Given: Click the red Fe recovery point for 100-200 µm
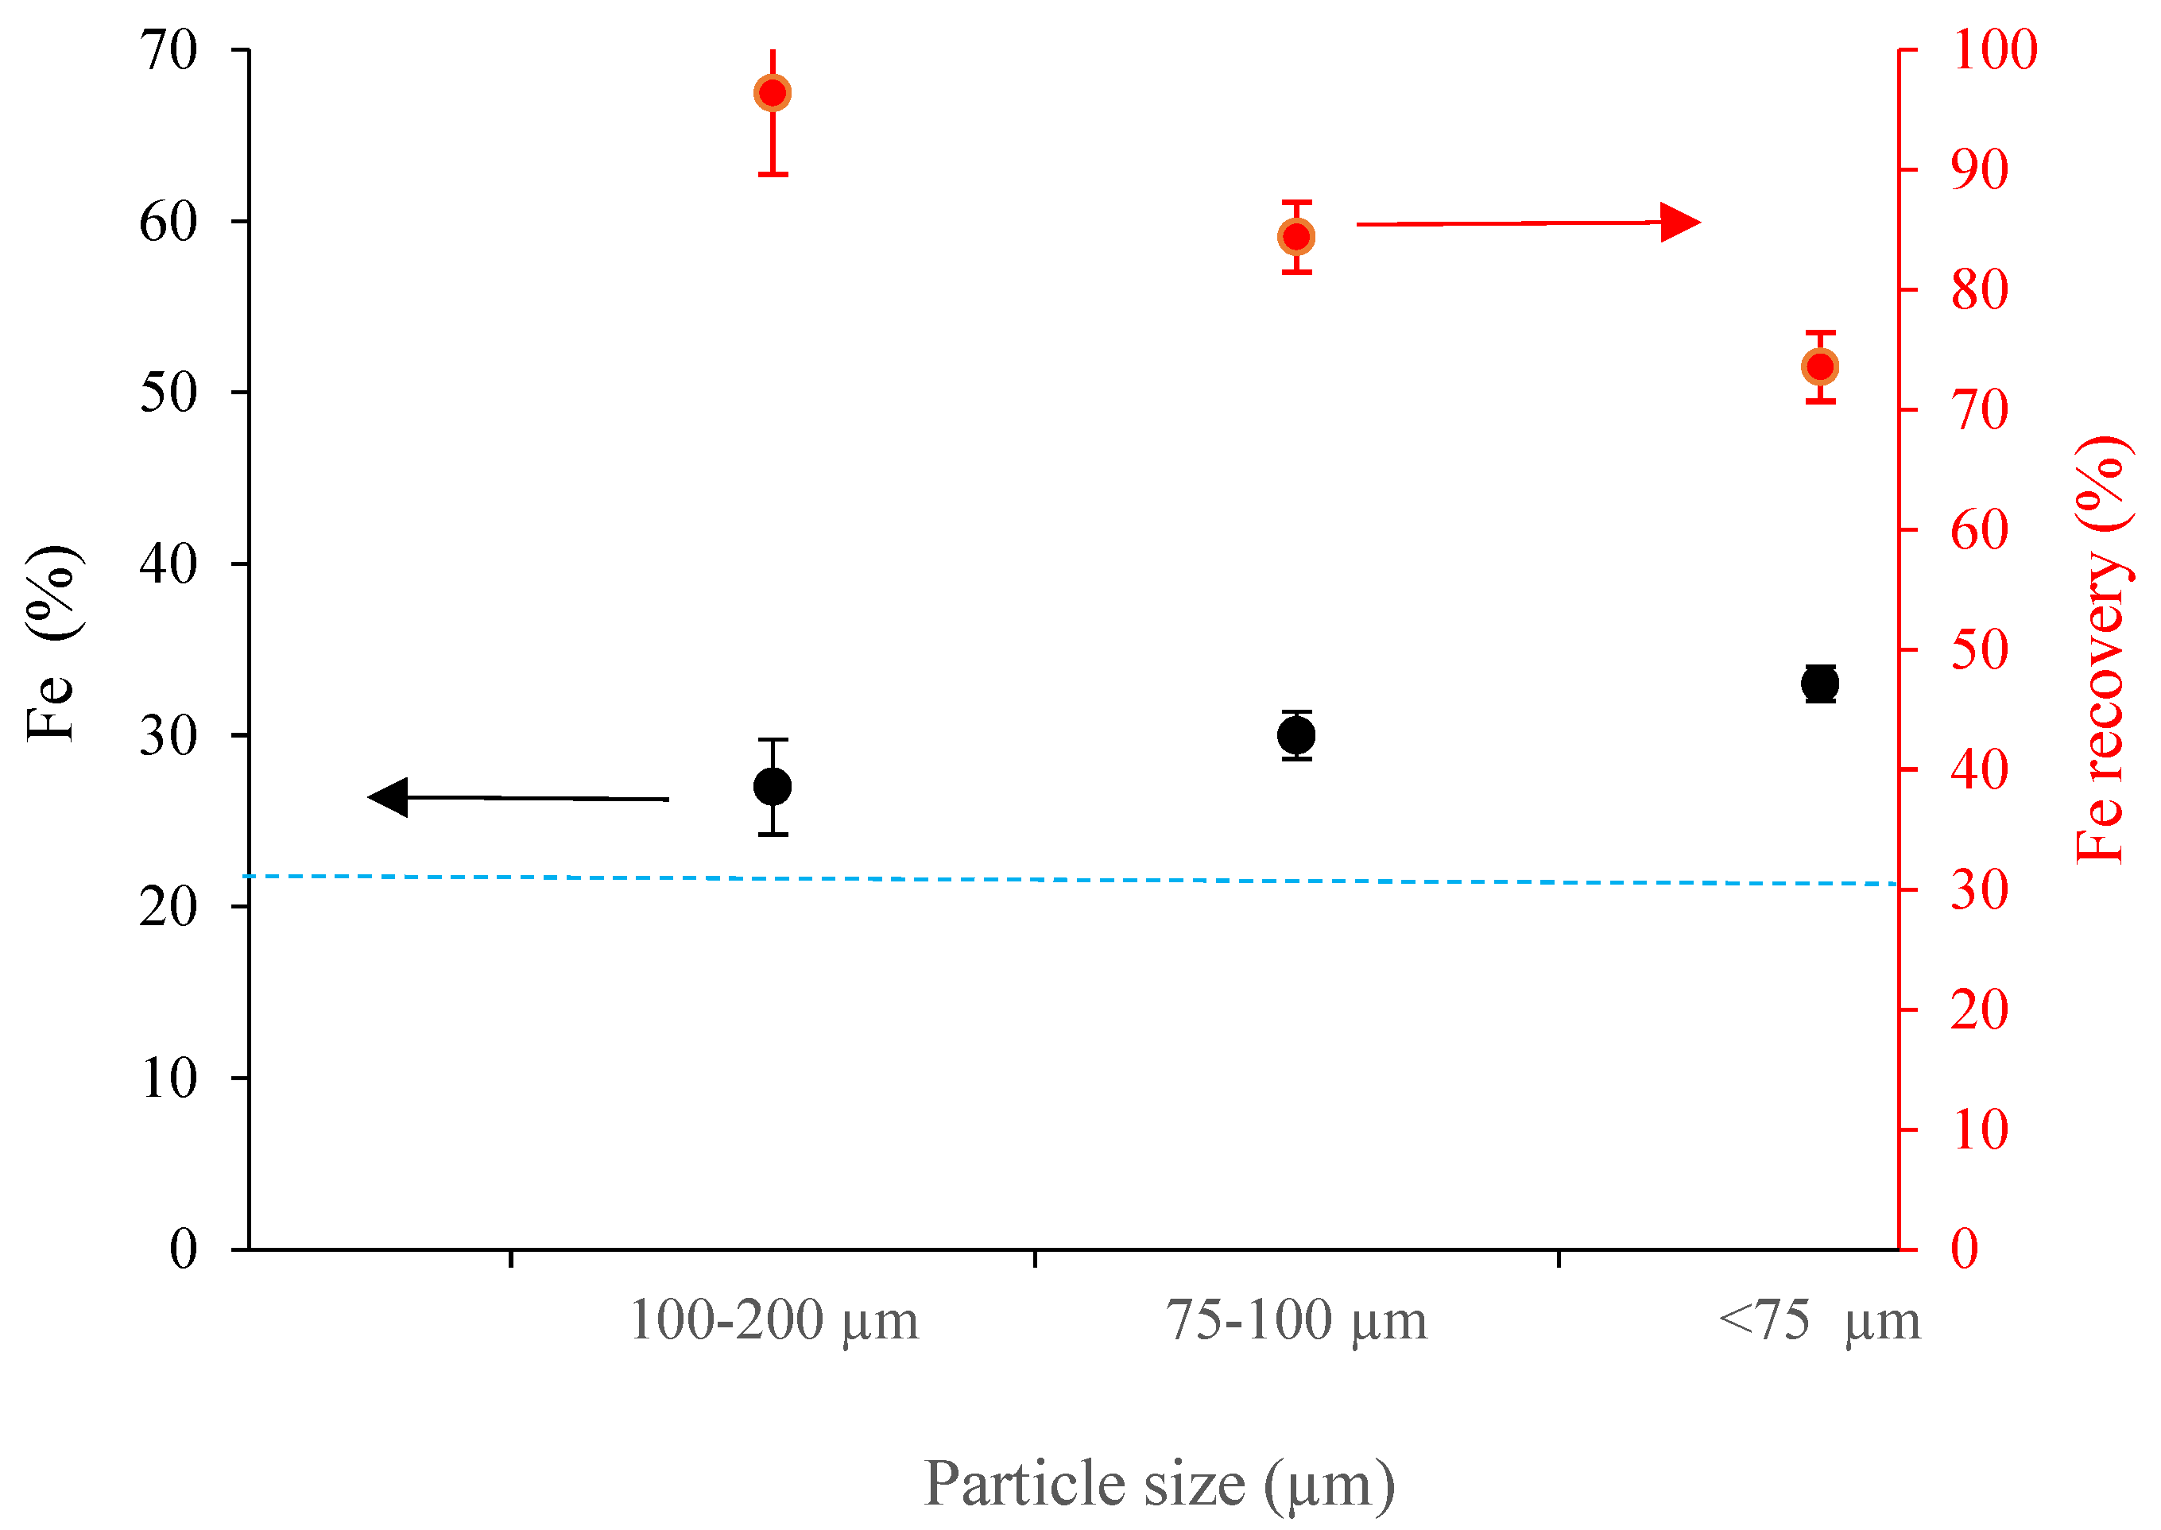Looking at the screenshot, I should pos(773,93).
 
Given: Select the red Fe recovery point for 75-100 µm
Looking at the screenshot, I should pos(1296,238).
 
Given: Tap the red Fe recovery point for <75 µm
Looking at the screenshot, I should pos(1820,366).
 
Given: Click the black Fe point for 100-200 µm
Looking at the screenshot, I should pos(773,786).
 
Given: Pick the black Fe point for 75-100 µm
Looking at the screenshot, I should pos(1296,735).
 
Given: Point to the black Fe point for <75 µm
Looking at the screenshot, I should pos(1820,683).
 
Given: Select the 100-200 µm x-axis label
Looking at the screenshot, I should pos(773,1320).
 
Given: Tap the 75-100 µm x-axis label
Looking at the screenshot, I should pos(1296,1320).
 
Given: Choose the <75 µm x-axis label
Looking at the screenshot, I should pos(1818,1320).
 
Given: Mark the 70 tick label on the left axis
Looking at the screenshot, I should pos(168,50).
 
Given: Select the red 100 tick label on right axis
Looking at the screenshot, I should pos(1994,50).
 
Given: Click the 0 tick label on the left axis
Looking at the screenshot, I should pos(184,1249).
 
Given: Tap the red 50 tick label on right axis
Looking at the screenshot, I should pos(1979,650).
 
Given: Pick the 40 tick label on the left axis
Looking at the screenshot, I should pos(168,564).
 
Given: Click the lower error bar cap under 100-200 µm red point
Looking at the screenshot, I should pos(773,174).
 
